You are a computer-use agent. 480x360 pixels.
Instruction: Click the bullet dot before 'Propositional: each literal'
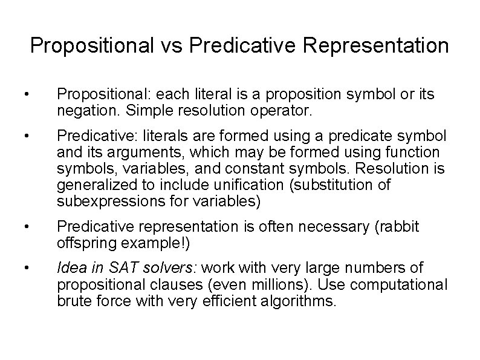(22, 96)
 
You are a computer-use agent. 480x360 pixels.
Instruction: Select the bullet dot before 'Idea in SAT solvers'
(22, 267)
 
